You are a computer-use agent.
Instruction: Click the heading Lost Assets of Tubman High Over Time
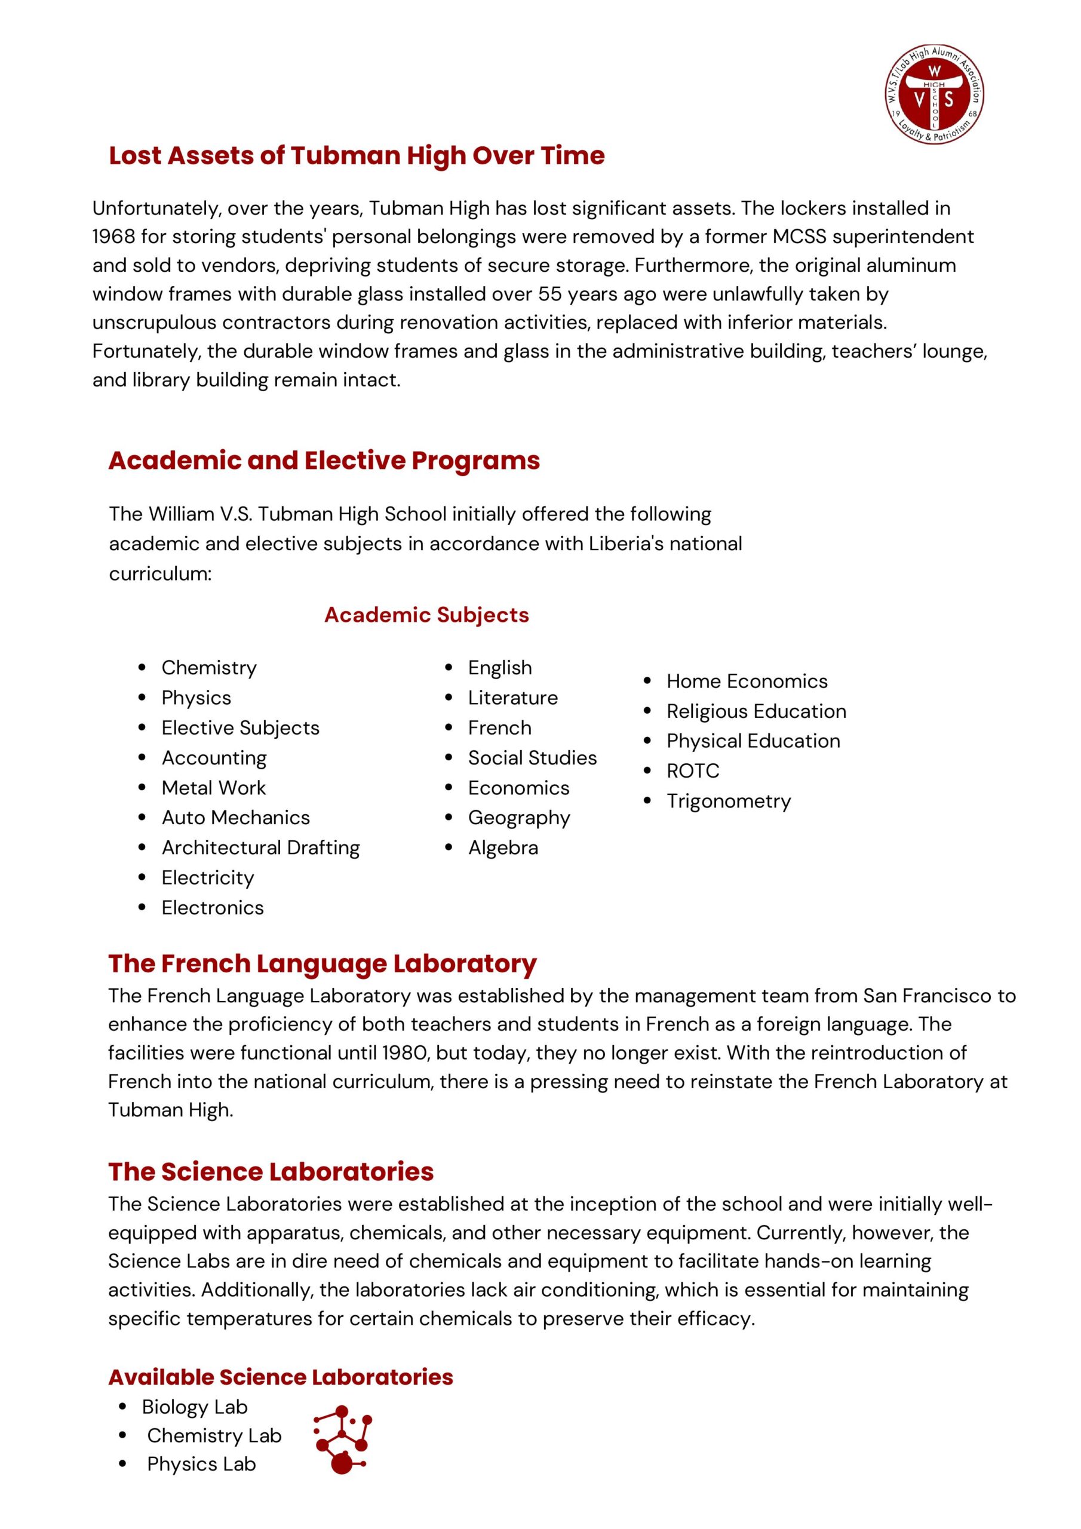coord(357,155)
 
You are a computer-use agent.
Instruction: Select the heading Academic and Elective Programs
coord(324,460)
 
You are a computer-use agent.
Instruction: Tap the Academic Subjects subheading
coord(426,615)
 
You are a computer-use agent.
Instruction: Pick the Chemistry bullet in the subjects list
coord(208,667)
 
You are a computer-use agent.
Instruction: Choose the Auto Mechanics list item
coord(235,817)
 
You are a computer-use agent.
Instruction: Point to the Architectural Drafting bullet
coord(260,847)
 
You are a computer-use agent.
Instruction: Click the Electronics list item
coord(213,907)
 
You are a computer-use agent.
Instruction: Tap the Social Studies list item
coord(532,757)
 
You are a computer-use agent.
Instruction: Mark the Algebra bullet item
coord(503,847)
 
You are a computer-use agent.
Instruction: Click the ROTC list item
coord(693,770)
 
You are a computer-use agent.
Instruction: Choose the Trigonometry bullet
coord(729,800)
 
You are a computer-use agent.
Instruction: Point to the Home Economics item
coord(747,681)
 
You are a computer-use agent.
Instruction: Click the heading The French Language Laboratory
coord(323,963)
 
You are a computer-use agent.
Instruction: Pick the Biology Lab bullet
coord(195,1407)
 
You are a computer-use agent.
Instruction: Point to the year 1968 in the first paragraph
coord(113,237)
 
